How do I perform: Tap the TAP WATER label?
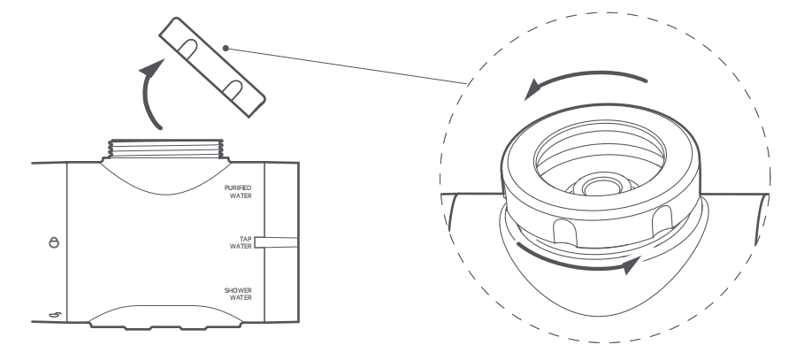pyautogui.click(x=240, y=242)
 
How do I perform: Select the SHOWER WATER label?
pyautogui.click(x=239, y=294)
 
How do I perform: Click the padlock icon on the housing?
pyautogui.click(x=54, y=241)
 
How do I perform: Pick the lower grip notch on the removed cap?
pyautogui.click(x=235, y=88)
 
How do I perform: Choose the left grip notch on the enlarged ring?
pyautogui.click(x=563, y=231)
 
